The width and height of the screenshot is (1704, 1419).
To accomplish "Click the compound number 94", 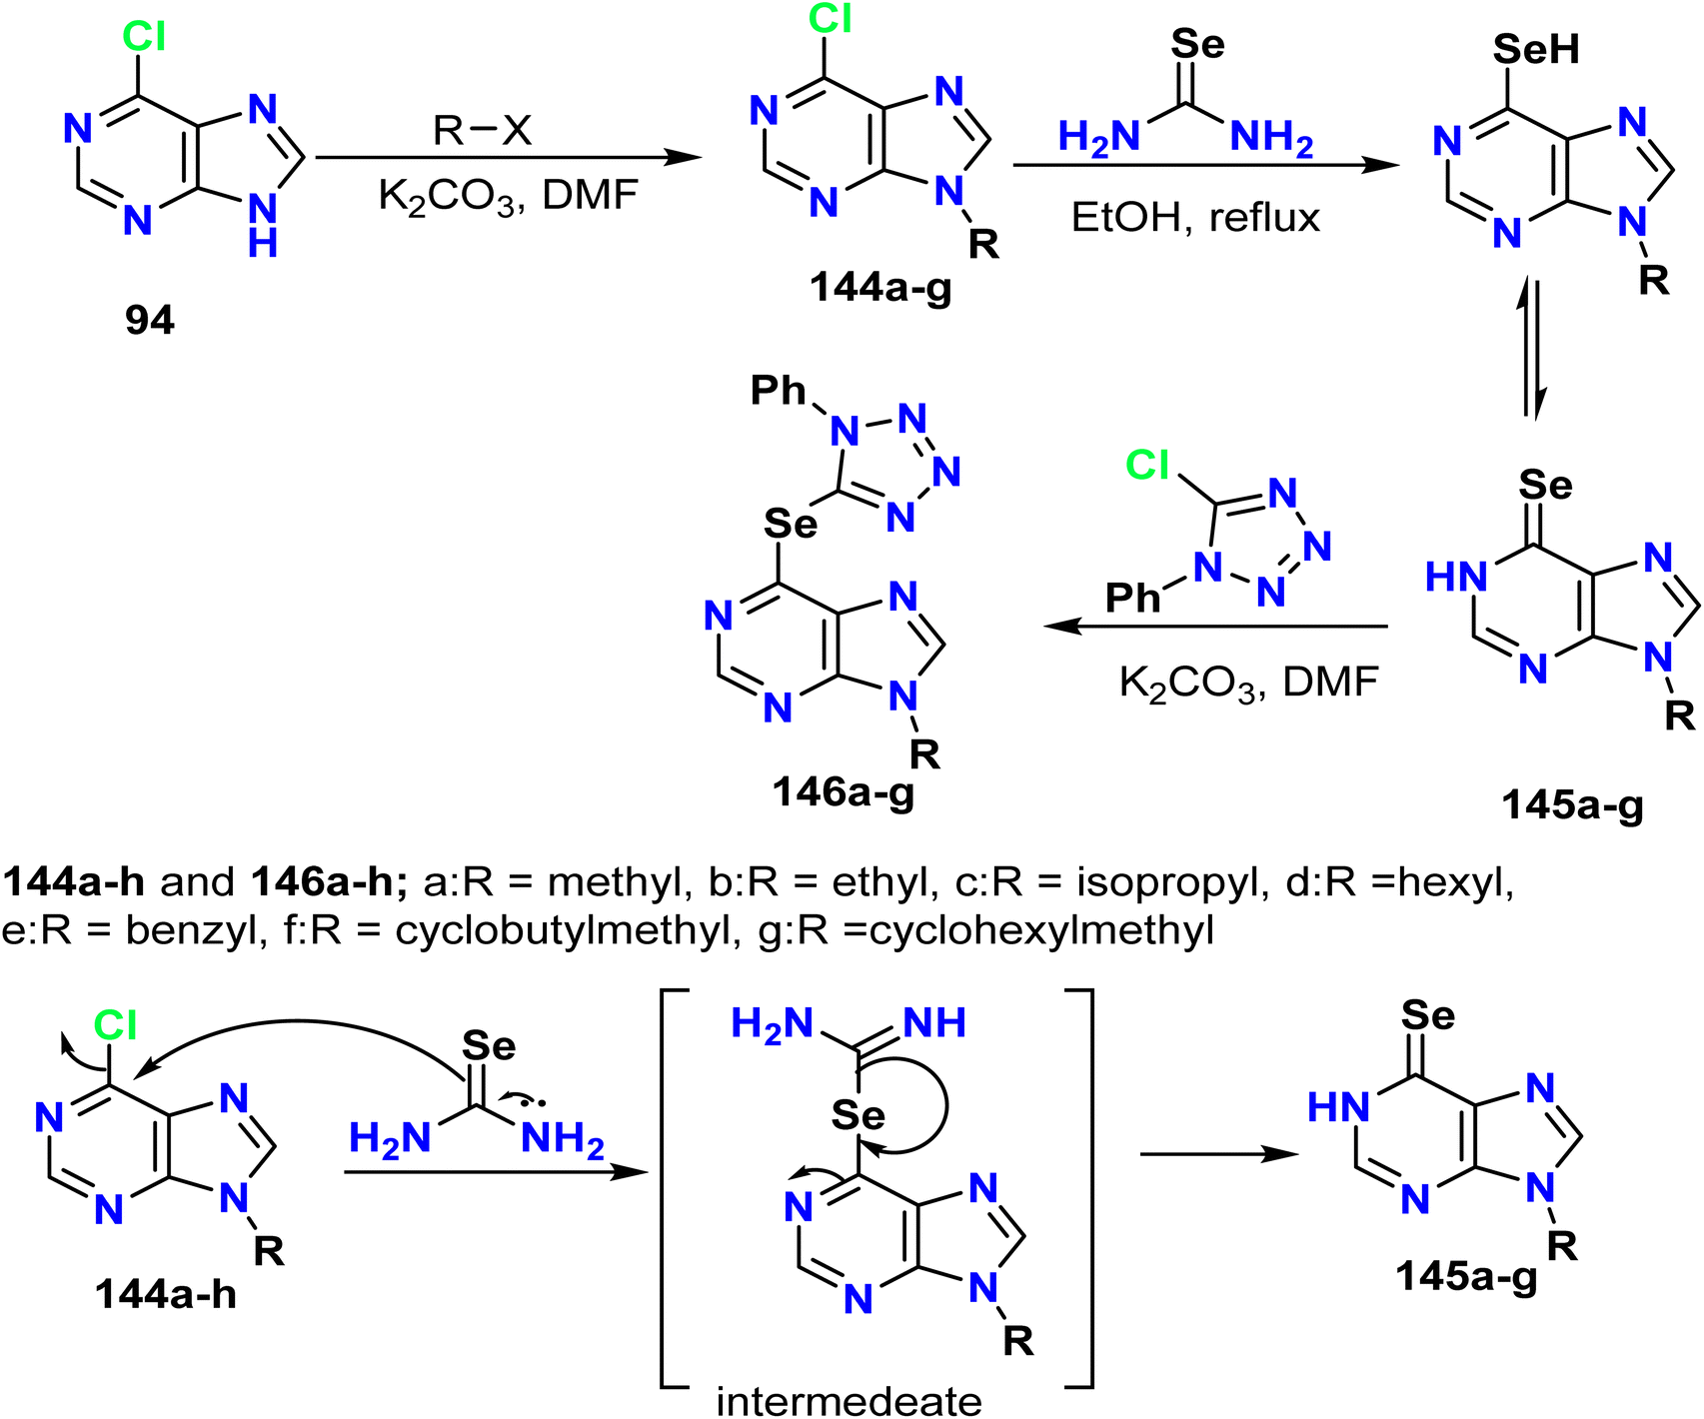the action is (150, 320).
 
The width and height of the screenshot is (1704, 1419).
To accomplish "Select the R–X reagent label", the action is (483, 130).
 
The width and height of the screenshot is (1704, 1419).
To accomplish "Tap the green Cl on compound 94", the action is (144, 37).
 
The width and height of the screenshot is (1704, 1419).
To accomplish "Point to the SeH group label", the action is (1536, 49).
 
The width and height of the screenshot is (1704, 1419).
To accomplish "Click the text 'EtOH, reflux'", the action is (1196, 217).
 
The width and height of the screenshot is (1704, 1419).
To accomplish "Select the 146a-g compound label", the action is (843, 791).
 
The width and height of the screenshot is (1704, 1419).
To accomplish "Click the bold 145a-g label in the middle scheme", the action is (1573, 804).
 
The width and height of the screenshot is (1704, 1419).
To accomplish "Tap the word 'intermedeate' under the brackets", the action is (850, 1400).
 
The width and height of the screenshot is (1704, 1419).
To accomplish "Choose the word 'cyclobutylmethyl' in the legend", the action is (562, 930).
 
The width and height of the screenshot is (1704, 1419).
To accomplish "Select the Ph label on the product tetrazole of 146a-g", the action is (779, 391).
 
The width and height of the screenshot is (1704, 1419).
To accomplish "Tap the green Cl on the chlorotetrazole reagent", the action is (1147, 465).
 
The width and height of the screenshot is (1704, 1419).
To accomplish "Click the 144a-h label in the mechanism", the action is (166, 1294).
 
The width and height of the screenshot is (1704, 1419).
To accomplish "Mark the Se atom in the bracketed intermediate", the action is (857, 1115).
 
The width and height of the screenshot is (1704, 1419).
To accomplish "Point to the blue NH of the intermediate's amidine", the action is (934, 1023).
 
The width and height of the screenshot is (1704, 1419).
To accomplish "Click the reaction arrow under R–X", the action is (509, 157).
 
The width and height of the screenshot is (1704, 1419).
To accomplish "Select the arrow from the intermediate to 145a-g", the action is (1219, 1154).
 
